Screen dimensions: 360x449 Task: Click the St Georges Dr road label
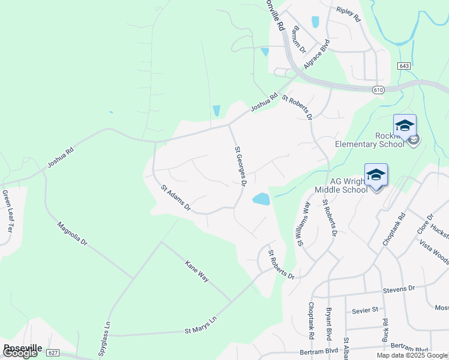[240, 166]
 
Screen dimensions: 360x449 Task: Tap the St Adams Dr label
[175, 198]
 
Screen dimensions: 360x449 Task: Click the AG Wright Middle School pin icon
[376, 175]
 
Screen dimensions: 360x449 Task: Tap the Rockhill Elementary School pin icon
[405, 126]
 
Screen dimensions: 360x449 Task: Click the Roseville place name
[22, 347]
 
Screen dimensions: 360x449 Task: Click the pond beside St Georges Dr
[261, 199]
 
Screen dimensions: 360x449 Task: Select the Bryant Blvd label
[328, 325]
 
